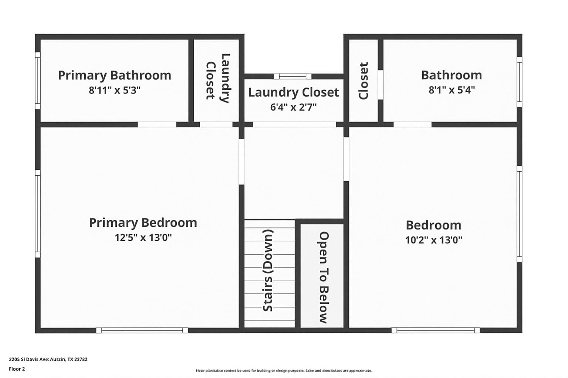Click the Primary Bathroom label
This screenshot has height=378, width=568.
pos(115,75)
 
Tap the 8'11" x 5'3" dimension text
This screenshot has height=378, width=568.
pos(115,90)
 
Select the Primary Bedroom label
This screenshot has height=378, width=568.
pos(143,223)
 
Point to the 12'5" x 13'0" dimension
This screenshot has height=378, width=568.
pos(143,237)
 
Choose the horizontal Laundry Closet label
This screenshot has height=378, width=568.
pos(293,92)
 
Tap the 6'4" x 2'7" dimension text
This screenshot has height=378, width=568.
pos(293,107)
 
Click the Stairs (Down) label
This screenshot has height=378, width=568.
pos(268,270)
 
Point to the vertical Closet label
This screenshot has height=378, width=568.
pos(364,80)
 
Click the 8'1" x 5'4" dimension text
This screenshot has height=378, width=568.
pos(452,90)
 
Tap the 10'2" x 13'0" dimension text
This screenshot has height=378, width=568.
pos(434,240)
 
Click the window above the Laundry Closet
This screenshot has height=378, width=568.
pos(293,76)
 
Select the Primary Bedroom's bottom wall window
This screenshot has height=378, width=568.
pos(142,330)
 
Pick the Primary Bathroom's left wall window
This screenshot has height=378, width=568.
pos(38,80)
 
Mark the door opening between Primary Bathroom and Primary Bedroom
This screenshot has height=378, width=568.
pos(157,124)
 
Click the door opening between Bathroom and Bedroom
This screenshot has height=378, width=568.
pos(412,124)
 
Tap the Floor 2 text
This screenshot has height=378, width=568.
pos(17,369)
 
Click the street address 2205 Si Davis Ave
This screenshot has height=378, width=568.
pos(48,359)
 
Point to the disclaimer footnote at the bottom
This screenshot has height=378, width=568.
pos(284,371)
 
